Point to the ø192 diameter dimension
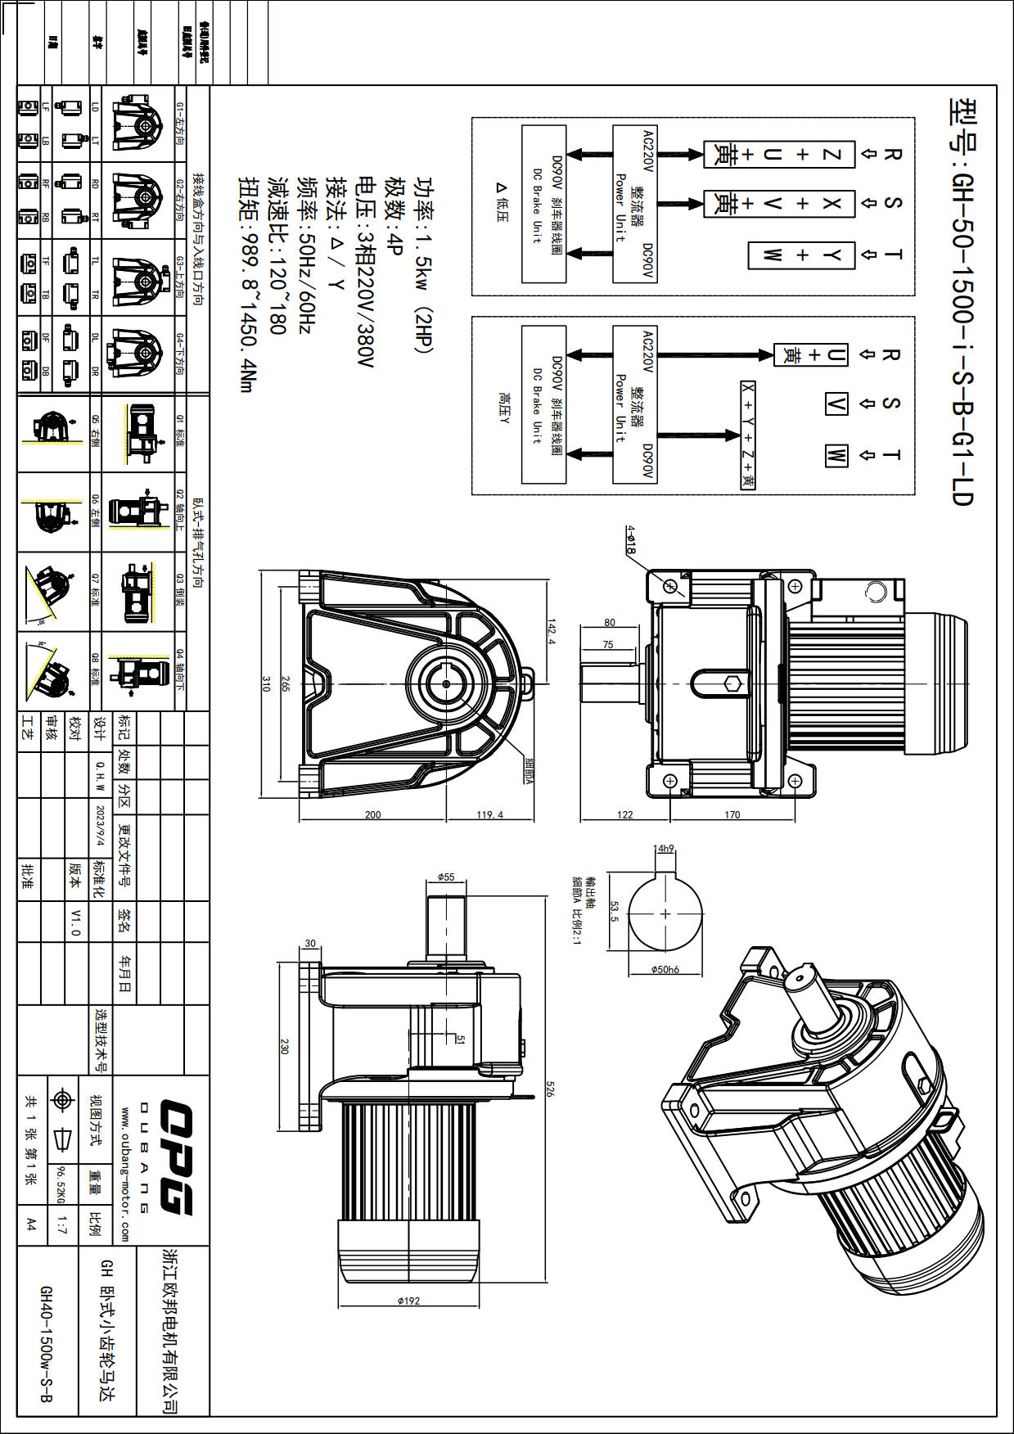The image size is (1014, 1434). pos(408,1301)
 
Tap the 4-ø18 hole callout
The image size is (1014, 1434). pos(630,540)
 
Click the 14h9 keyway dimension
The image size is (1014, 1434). pos(663,849)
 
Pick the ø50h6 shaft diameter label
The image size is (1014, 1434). pos(665,970)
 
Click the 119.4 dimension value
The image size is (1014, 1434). pos(490,814)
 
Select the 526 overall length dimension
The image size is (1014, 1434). pos(551,1089)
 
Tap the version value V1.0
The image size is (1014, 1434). pos(75,922)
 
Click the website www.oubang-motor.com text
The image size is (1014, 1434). pos(124,1175)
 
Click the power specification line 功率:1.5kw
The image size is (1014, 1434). pos(422,264)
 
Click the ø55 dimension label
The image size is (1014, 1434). pos(445,877)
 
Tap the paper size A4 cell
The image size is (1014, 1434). pos(31,1224)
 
